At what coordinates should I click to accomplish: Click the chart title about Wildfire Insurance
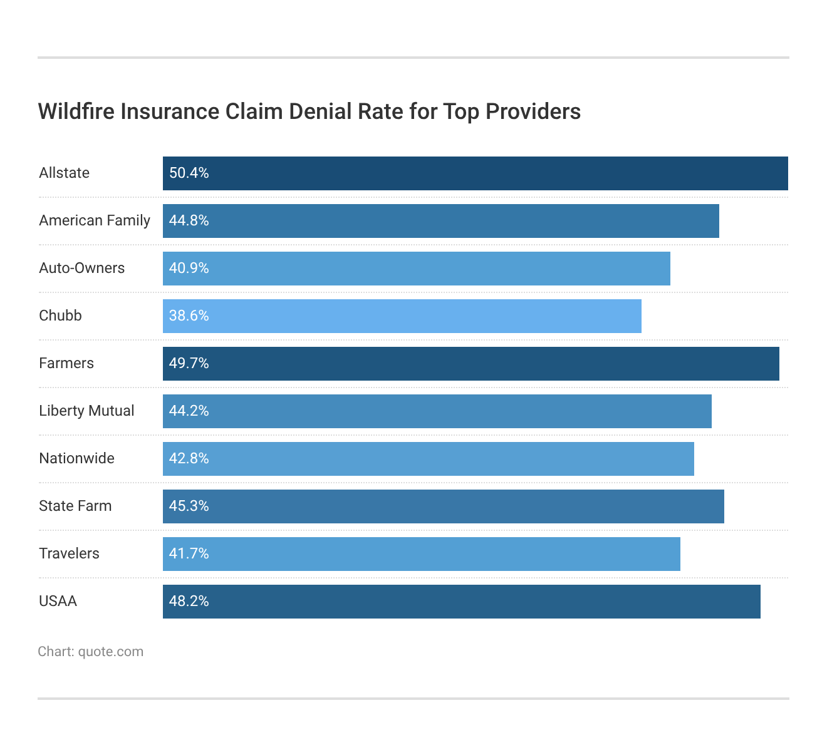(x=309, y=111)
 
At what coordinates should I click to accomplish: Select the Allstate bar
(x=475, y=173)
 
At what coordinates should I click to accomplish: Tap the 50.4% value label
(x=189, y=173)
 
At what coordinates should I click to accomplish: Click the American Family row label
(x=95, y=220)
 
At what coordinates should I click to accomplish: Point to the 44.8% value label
(x=189, y=220)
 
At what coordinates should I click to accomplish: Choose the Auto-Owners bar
(x=416, y=269)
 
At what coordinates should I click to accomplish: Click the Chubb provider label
(x=60, y=316)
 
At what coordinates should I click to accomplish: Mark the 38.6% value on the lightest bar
(x=189, y=316)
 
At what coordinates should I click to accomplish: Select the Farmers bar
(x=471, y=364)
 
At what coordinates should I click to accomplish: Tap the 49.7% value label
(x=189, y=363)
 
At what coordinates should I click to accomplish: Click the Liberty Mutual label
(x=86, y=411)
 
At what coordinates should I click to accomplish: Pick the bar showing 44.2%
(x=437, y=411)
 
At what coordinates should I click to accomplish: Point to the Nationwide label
(x=76, y=458)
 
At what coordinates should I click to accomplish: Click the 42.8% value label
(x=189, y=458)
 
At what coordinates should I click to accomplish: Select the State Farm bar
(x=443, y=506)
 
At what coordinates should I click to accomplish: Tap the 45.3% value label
(x=189, y=506)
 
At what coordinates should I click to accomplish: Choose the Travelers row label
(x=69, y=553)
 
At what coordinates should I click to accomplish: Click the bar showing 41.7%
(x=421, y=554)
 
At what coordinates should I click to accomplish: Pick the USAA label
(x=58, y=601)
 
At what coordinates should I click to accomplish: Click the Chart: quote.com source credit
(x=90, y=652)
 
